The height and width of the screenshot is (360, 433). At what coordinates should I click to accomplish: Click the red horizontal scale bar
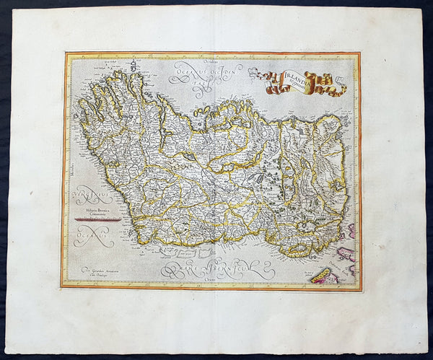coord(97,218)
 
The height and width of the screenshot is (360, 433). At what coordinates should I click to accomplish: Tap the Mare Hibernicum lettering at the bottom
coord(216,269)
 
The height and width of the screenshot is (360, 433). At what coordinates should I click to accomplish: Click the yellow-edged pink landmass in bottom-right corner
coord(325,274)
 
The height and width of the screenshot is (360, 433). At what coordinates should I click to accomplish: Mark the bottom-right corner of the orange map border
coord(360,289)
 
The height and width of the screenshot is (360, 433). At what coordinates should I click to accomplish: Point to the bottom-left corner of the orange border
coord(62,287)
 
